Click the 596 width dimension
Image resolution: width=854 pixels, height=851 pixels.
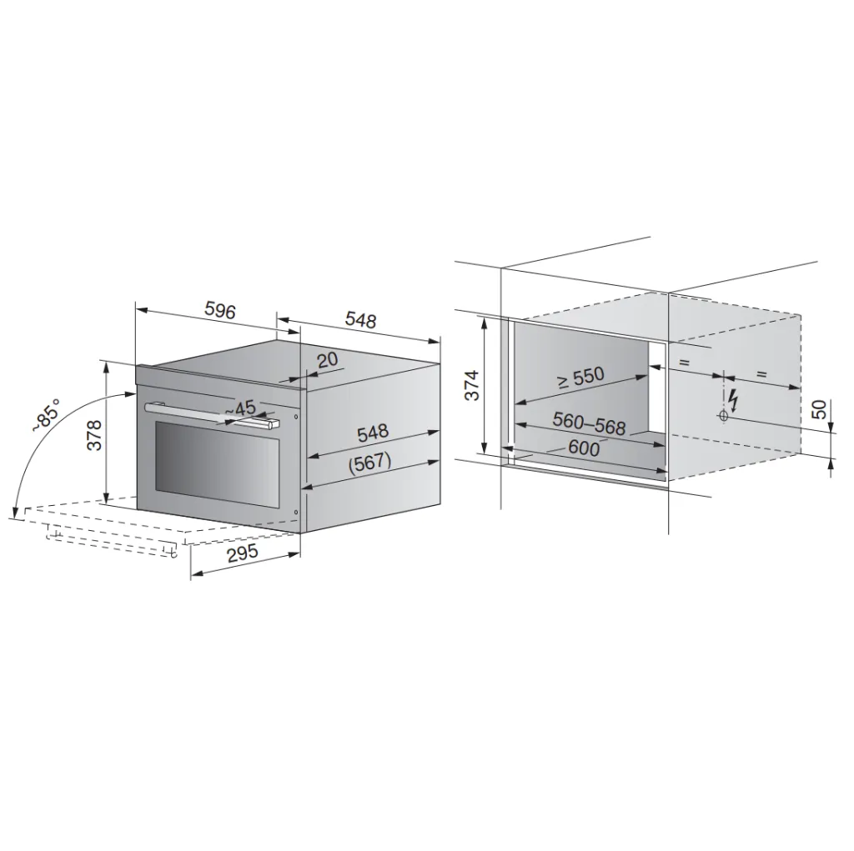click(220, 311)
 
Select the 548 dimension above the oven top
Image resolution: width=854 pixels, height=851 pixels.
click(360, 320)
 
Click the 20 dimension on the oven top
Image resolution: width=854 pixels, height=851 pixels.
click(327, 359)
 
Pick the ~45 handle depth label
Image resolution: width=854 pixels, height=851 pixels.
click(240, 408)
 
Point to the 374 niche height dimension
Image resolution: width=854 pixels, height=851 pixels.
click(471, 385)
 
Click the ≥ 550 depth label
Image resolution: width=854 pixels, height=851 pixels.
click(581, 378)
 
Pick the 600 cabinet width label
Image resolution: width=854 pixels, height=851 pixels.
click(583, 447)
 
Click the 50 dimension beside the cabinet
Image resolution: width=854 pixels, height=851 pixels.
click(820, 410)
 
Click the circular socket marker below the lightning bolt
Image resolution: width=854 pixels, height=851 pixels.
click(722, 415)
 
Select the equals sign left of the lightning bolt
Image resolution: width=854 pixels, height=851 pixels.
click(684, 363)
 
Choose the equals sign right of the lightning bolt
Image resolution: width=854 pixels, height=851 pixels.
click(761, 374)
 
